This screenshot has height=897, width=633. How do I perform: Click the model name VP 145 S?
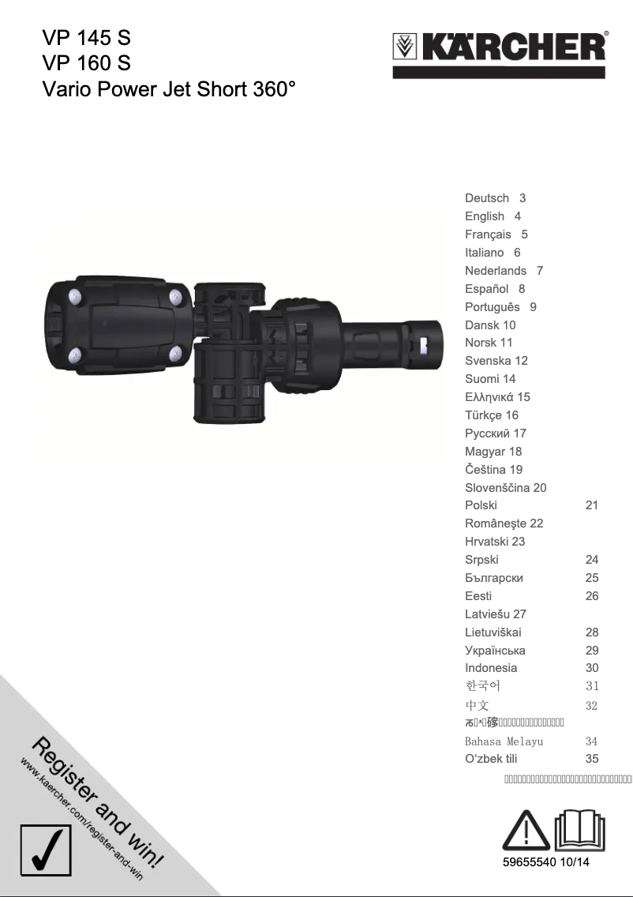(86, 37)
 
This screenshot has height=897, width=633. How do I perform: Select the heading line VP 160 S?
(86, 62)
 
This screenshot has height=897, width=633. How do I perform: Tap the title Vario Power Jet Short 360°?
(169, 88)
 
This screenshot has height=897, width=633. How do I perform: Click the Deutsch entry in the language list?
(487, 198)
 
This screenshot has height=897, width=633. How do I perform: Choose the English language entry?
(485, 216)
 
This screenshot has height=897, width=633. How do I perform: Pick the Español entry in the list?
(487, 289)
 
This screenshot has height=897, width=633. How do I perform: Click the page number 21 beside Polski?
(592, 505)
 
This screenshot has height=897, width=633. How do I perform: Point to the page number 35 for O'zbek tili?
(592, 759)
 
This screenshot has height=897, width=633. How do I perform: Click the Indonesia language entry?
(491, 668)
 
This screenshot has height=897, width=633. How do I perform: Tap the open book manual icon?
(579, 830)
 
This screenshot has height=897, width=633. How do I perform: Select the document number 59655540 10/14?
(546, 862)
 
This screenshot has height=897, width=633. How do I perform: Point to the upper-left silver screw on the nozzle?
(75, 297)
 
